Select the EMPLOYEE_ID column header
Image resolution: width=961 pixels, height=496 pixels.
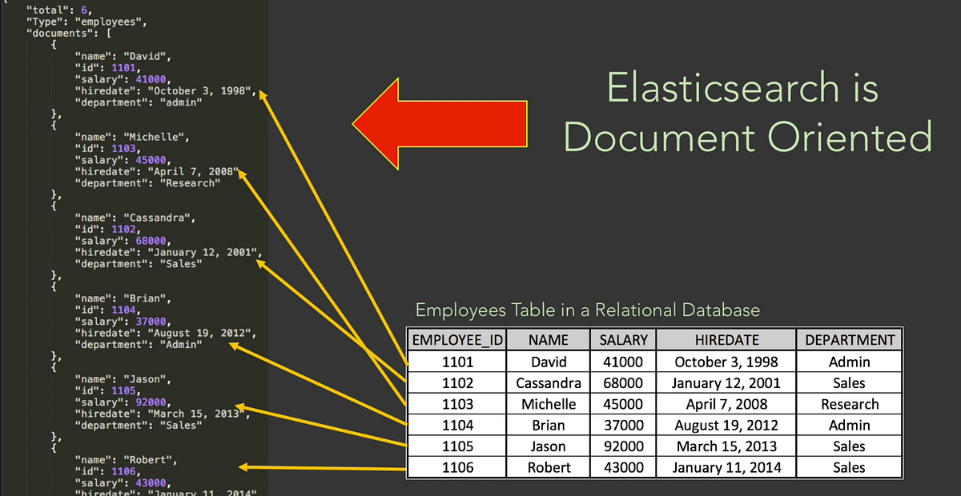click(x=456, y=340)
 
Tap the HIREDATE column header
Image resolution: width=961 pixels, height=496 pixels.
click(x=726, y=340)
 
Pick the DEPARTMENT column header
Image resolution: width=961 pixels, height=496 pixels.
click(x=849, y=340)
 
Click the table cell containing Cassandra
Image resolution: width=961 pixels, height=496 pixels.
click(x=549, y=383)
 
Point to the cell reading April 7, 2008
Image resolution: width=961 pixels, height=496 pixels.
click(x=726, y=404)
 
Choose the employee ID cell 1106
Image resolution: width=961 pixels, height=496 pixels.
click(x=457, y=467)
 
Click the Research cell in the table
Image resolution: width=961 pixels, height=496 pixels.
click(x=849, y=404)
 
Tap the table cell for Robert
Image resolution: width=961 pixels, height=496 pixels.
click(x=549, y=467)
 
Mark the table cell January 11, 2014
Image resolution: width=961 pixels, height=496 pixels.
click(x=726, y=467)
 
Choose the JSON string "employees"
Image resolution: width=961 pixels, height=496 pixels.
click(x=95, y=22)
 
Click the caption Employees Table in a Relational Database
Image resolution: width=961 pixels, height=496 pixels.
click(x=587, y=310)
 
